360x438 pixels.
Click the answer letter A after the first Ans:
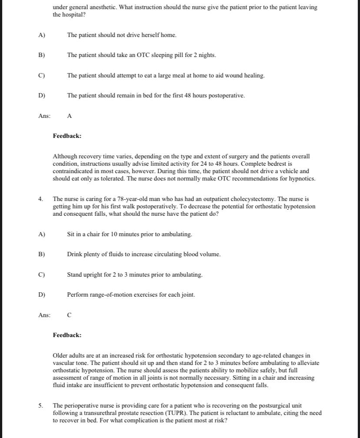point(70,116)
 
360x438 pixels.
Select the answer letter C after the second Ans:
point(70,315)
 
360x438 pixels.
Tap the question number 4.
point(40,199)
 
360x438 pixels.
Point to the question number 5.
point(40,405)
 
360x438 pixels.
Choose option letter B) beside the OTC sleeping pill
point(42,55)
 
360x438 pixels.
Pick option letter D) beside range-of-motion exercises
point(42,295)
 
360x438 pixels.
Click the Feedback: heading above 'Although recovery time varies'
point(67,136)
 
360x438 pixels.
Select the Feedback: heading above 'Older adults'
point(67,335)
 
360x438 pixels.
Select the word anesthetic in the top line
point(98,7)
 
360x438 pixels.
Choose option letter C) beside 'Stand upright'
point(42,275)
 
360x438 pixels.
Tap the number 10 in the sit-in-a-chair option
point(114,234)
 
